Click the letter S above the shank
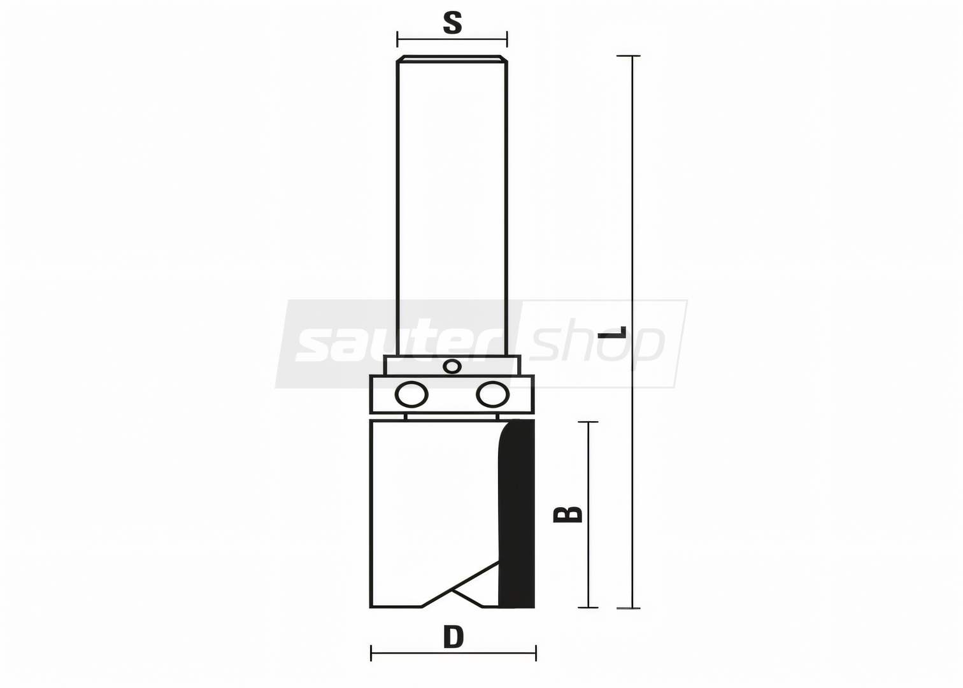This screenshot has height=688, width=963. point(452,23)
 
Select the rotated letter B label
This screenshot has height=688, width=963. point(567,514)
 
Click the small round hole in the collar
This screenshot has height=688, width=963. point(452,367)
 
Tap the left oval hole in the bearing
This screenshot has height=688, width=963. point(411,394)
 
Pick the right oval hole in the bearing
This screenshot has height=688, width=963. point(493,394)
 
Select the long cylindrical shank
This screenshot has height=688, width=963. point(452,206)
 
